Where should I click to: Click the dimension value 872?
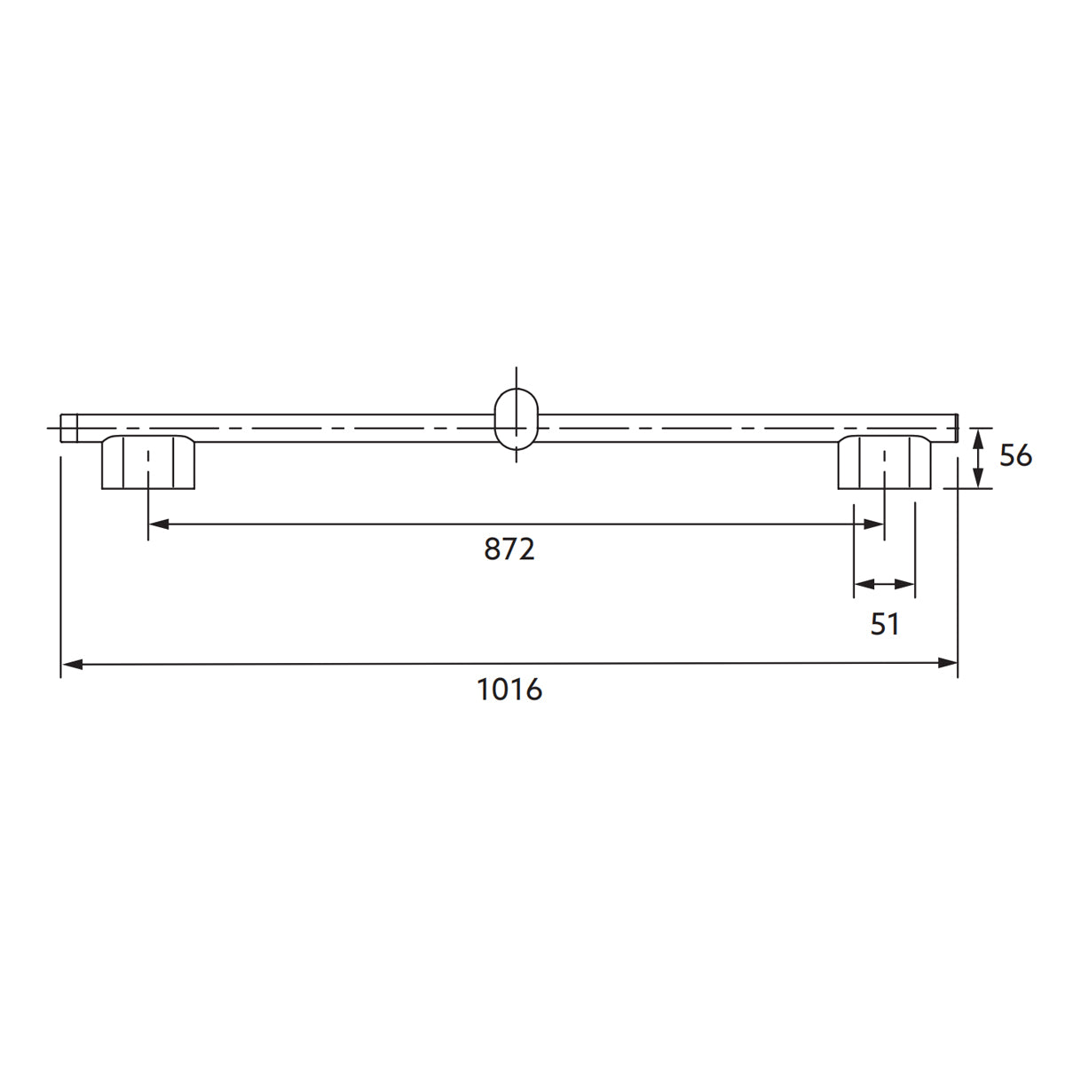click(x=509, y=549)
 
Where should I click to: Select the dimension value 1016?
click(x=509, y=689)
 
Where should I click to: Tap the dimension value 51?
click(x=884, y=624)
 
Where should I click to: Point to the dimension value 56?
click(x=1015, y=456)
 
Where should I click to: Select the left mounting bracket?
click(x=148, y=462)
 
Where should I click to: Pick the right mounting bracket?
click(x=884, y=462)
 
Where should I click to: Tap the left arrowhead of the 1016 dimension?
click(x=71, y=663)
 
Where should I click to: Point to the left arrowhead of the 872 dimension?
click(x=158, y=525)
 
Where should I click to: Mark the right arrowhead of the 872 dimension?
click(x=874, y=525)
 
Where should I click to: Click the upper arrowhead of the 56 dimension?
click(x=977, y=438)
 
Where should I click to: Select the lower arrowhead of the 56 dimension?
click(x=977, y=478)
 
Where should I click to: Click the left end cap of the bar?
click(x=69, y=428)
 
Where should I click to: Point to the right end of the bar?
click(x=954, y=428)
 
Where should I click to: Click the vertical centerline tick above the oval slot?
click(x=516, y=376)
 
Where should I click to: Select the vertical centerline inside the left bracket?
click(x=148, y=466)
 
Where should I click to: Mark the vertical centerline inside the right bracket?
click(x=884, y=466)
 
